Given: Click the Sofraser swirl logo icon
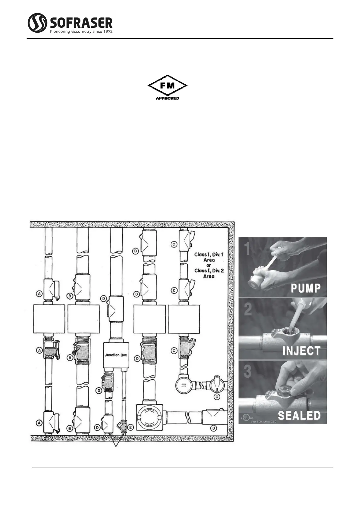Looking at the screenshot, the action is pos(37,23).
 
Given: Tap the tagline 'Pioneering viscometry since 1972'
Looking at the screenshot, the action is pos(81,31).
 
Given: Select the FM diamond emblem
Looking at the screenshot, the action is pos(167,86).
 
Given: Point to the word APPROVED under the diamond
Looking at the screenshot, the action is pos(167,98).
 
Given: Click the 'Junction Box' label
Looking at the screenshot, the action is pos(116,355).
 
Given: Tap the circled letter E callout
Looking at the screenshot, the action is pos(130,427).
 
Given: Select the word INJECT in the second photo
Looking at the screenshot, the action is pos(301,351).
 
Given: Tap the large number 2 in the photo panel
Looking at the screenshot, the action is pos(248,310).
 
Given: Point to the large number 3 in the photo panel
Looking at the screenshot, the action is pos(248,372).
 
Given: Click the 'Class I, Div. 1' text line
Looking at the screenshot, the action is pos(209,254).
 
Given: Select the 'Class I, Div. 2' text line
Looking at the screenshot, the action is pos(209,271).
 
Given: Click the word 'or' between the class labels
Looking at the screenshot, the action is pos(209,265).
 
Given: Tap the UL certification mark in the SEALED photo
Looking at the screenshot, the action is pos(247,417).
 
